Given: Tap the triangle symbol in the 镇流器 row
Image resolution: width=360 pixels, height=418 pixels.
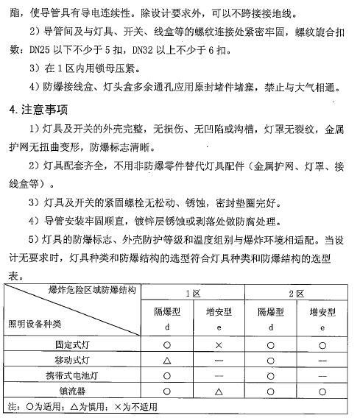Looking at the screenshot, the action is (x=219, y=392).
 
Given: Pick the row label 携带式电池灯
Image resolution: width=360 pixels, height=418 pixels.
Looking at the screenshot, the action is (x=77, y=375).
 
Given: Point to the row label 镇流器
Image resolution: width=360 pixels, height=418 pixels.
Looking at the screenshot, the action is (x=77, y=392).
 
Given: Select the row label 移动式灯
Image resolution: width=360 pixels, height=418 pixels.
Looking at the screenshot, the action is (x=77, y=360).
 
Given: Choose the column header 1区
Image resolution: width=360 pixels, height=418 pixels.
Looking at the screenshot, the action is (x=194, y=293).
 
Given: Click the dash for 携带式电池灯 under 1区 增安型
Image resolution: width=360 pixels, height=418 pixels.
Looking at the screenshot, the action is (x=219, y=375).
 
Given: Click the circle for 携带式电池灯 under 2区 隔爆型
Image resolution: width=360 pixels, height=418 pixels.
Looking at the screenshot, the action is (x=270, y=375).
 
